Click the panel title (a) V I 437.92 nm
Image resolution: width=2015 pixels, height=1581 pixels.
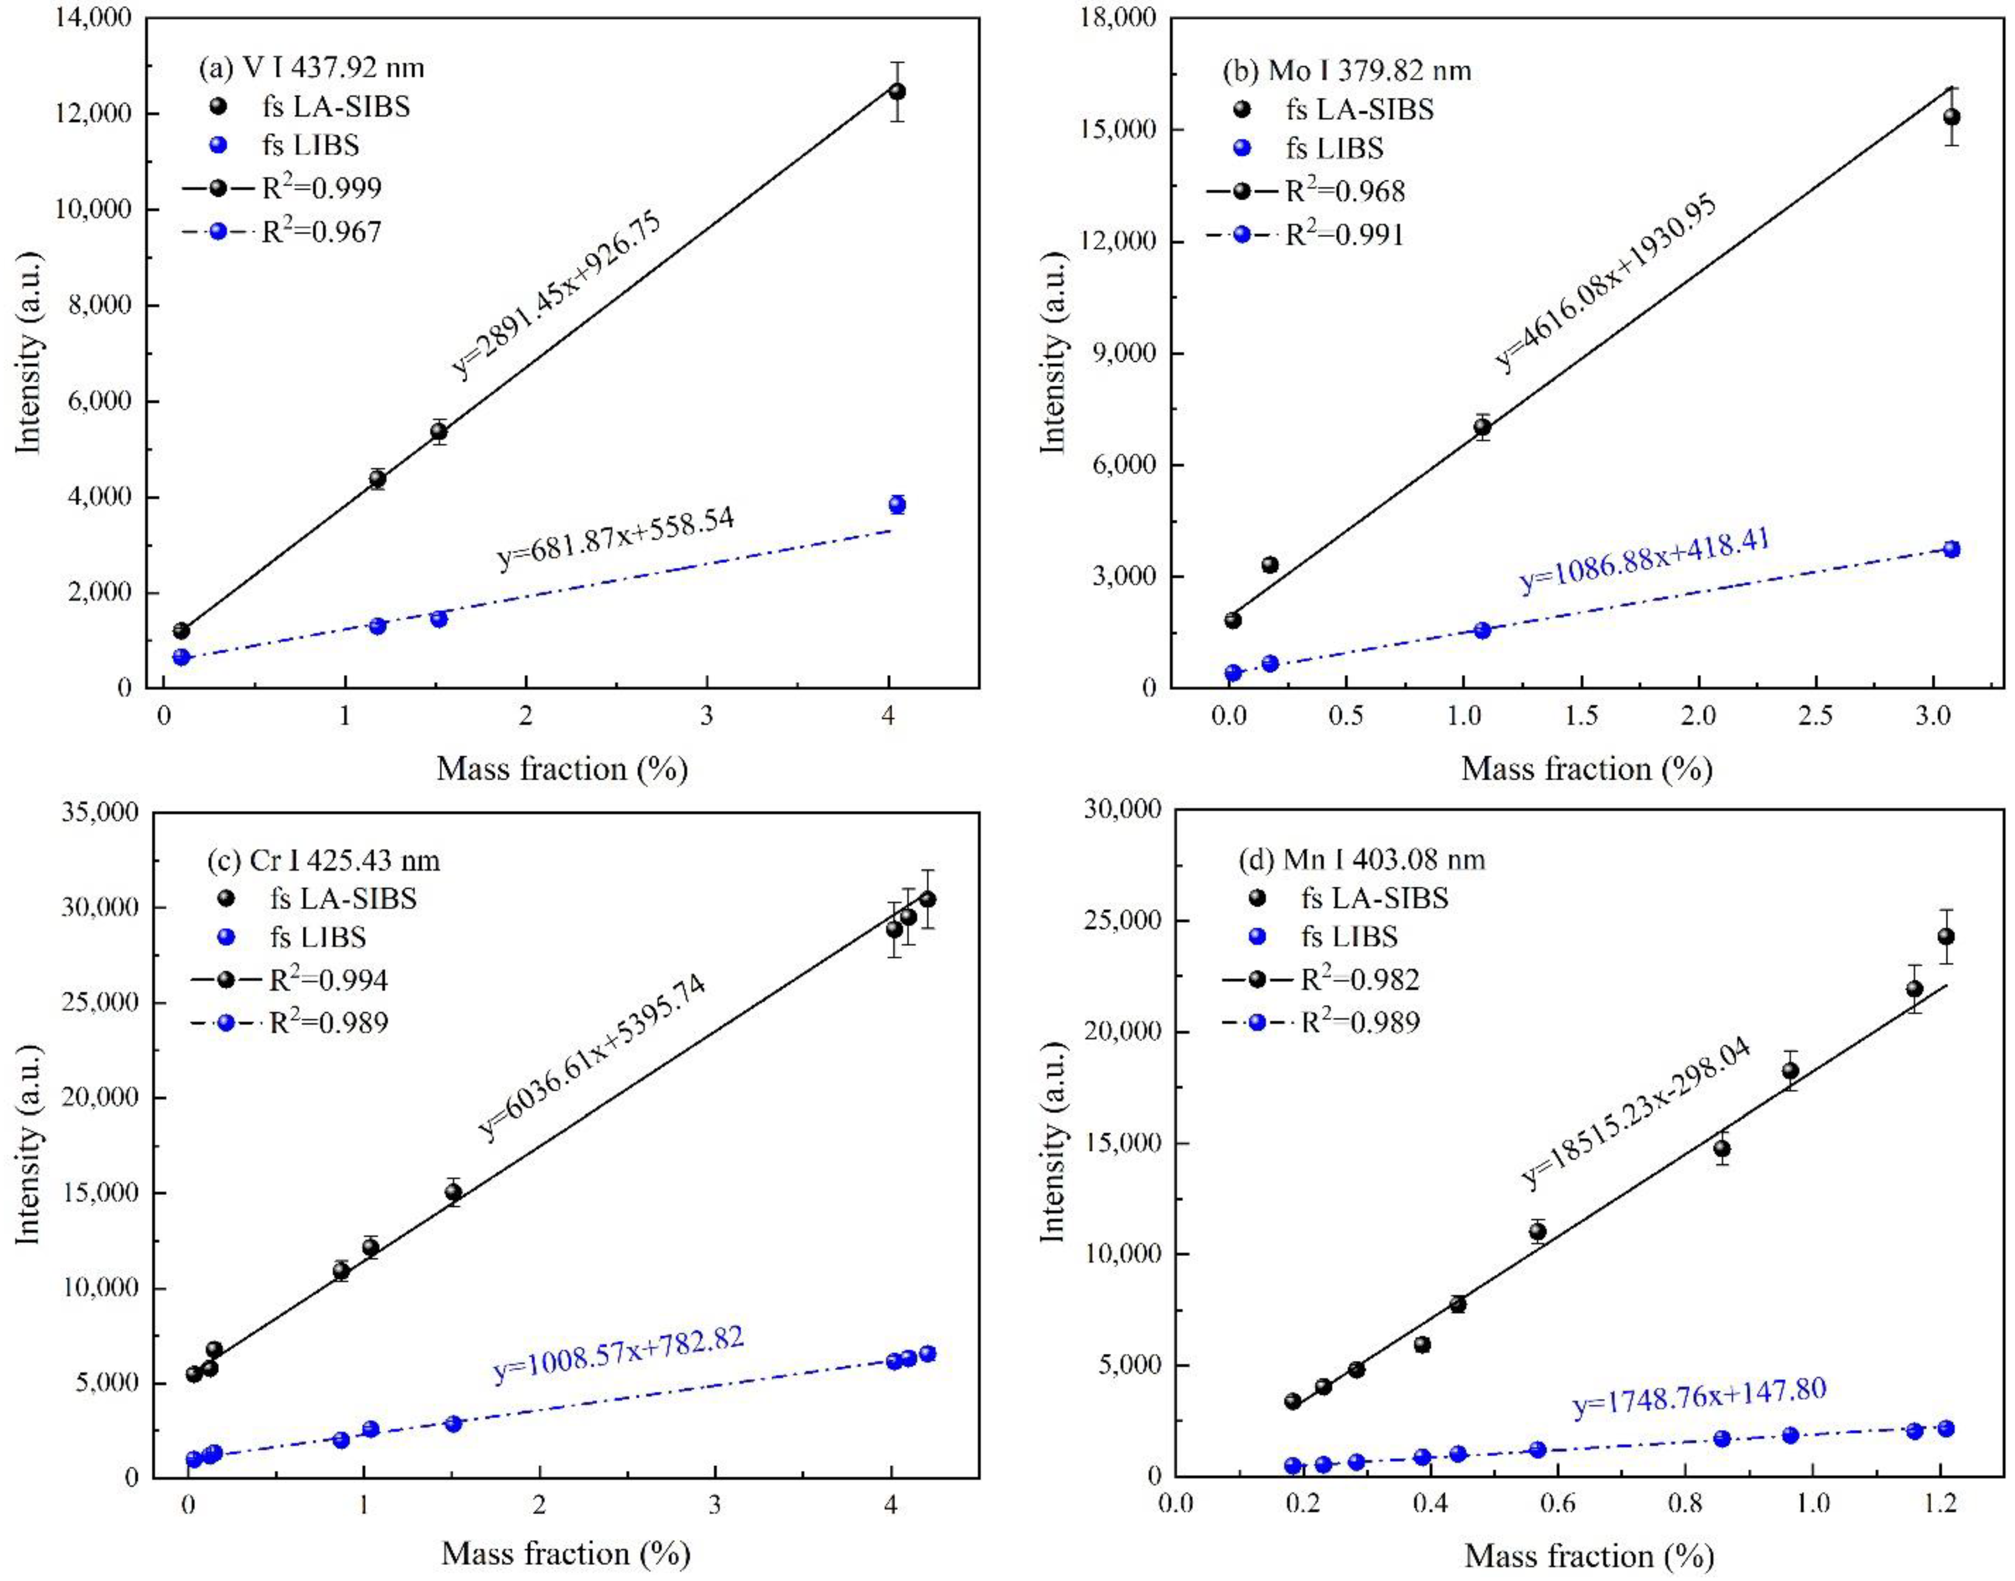point(311,68)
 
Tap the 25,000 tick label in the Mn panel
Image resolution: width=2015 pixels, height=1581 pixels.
point(1122,921)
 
